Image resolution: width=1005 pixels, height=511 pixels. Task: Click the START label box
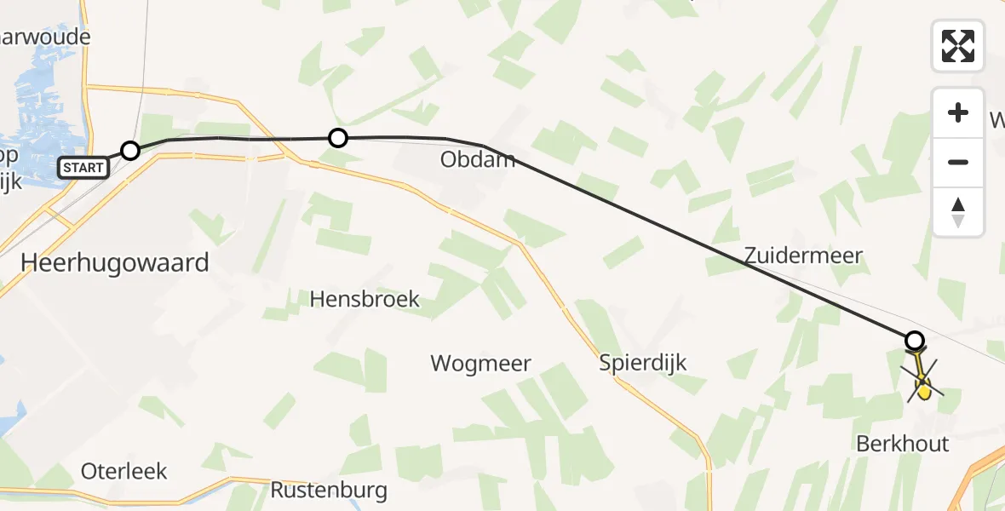pos(83,168)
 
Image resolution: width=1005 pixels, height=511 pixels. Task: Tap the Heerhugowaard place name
pos(114,263)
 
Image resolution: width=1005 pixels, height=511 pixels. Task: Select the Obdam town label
pos(478,159)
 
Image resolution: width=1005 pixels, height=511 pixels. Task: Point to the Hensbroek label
pos(365,299)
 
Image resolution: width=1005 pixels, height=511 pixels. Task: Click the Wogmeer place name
pos(480,364)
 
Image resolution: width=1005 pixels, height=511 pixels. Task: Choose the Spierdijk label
pos(642,362)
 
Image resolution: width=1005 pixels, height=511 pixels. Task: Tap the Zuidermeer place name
pos(803,255)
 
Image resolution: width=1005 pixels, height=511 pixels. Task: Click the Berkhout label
pos(903,444)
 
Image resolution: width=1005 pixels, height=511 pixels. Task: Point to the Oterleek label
pos(124,471)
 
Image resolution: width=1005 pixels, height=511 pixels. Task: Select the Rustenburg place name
pos(329,491)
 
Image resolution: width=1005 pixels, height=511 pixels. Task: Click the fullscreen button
pos(958,45)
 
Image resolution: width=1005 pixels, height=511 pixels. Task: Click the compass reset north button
pos(958,212)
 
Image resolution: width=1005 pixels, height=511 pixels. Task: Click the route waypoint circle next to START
pos(129,151)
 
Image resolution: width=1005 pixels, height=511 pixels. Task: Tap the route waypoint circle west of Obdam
pos(338,137)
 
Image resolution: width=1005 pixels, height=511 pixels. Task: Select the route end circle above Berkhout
pos(914,341)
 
